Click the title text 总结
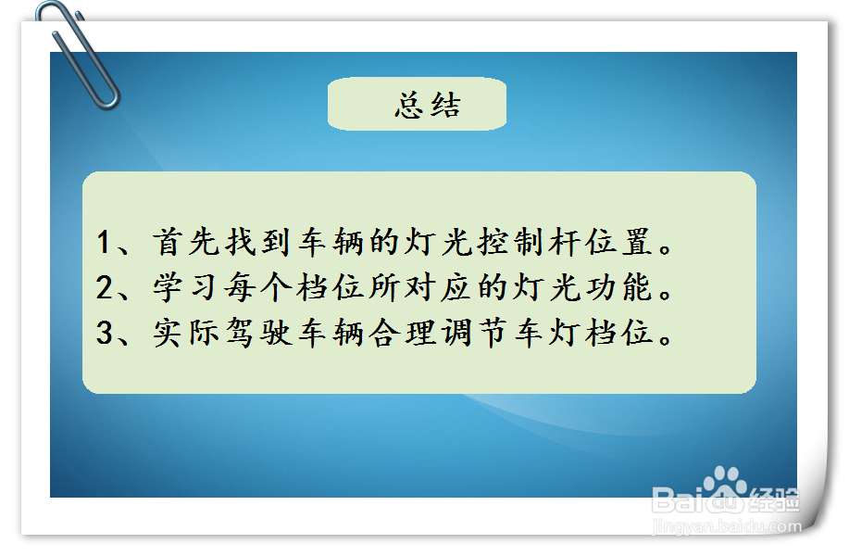pyautogui.click(x=428, y=105)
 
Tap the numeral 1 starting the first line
pyautogui.click(x=105, y=242)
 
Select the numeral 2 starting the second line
pyautogui.click(x=105, y=287)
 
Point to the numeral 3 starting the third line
pyautogui.click(x=105, y=333)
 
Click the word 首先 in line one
pyautogui.click(x=186, y=242)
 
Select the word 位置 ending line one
pyautogui.click(x=618, y=242)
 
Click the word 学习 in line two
pyautogui.click(x=186, y=287)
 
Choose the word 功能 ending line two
pyautogui.click(x=618, y=287)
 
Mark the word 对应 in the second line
pyautogui.click(x=438, y=287)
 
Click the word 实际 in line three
pyautogui.click(x=186, y=333)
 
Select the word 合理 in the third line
pyautogui.click(x=402, y=333)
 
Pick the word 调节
pyautogui.click(x=474, y=333)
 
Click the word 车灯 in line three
pyautogui.click(x=546, y=333)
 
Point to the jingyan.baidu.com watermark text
pyautogui.click(x=727, y=526)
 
